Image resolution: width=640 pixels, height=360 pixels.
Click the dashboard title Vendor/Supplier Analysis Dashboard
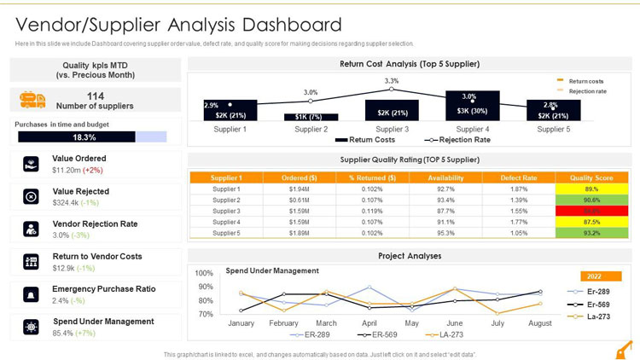[x=178, y=25]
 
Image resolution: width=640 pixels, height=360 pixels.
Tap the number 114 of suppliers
[x=95, y=96]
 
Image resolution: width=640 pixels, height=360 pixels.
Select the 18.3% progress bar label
[x=84, y=137]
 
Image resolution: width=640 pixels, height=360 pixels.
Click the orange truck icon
[x=32, y=100]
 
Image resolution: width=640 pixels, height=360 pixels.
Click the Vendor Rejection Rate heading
[x=95, y=224]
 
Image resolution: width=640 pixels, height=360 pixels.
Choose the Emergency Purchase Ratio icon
[x=31, y=294]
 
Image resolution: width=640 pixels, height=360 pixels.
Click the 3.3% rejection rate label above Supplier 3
[x=391, y=80]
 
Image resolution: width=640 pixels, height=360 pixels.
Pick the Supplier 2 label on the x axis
[x=311, y=129]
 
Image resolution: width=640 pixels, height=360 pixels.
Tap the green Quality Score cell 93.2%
[x=591, y=233]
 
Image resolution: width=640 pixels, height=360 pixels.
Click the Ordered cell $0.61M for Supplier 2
[x=299, y=200]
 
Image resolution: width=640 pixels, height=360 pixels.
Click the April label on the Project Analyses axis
[x=369, y=323]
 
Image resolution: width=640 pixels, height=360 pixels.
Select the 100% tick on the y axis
[x=204, y=273]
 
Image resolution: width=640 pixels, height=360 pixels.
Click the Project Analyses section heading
[x=410, y=256]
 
